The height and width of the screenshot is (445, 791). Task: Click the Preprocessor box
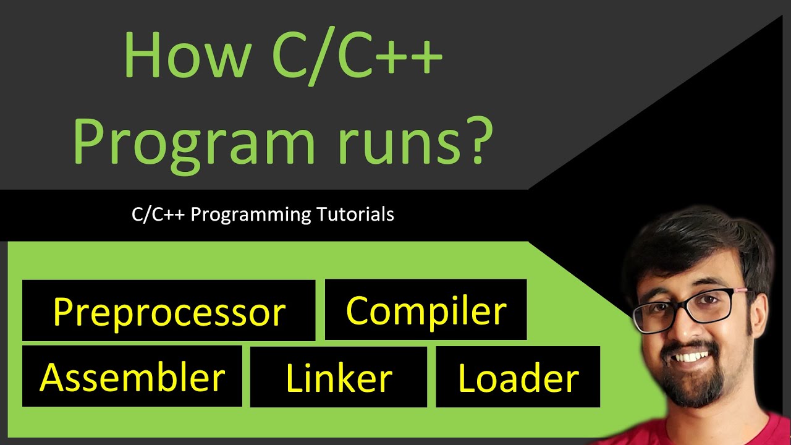pyautogui.click(x=169, y=310)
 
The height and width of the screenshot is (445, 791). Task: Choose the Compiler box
pyautogui.click(x=426, y=310)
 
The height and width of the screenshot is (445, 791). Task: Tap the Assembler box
pyautogui.click(x=132, y=376)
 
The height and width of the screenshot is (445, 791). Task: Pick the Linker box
pyautogui.click(x=338, y=376)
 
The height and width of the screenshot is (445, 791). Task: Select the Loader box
pyautogui.click(x=518, y=376)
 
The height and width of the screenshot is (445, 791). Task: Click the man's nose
pyautogui.click(x=695, y=328)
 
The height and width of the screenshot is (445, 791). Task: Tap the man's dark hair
pyautogui.click(x=692, y=241)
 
